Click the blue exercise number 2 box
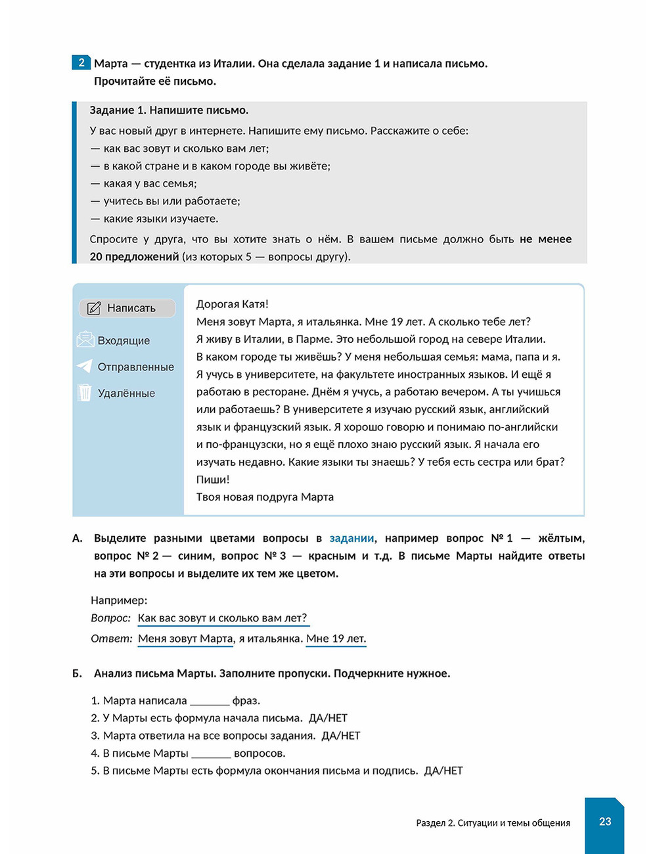[81, 63]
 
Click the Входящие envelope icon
[85, 340]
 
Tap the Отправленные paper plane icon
[85, 367]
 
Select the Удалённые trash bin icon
[85, 393]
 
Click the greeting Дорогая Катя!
[232, 304]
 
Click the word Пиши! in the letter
[213, 480]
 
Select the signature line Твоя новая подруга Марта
[265, 497]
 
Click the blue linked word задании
[351, 539]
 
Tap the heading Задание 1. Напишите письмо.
[169, 110]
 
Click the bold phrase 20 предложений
[134, 257]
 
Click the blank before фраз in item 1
[210, 702]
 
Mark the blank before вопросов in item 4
[211, 754]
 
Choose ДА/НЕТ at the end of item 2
[328, 719]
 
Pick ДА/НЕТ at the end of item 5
[443, 771]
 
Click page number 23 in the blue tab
[604, 822]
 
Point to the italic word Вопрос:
[110, 619]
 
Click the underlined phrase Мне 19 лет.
[336, 639]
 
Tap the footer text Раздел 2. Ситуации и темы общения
[493, 823]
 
